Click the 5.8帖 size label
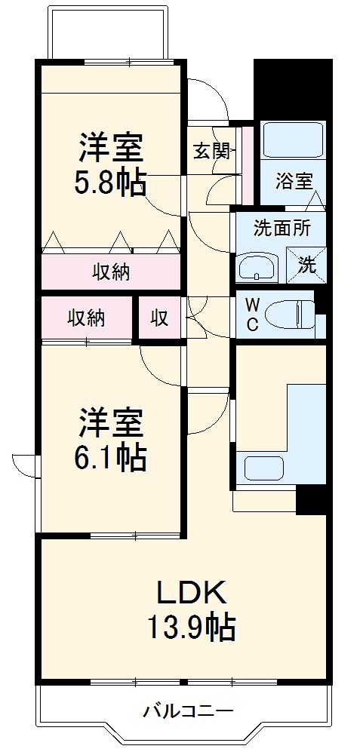pos(111,183)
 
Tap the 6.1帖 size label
pos(111,457)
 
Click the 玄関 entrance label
pos(211,150)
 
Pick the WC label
pos(253,315)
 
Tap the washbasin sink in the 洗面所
pos(258,267)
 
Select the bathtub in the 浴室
pos(293,139)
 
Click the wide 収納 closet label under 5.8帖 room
pos(111,272)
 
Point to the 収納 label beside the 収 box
pos(86,318)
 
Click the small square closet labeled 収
pos(158,318)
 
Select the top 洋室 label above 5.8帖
pos(111,149)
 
